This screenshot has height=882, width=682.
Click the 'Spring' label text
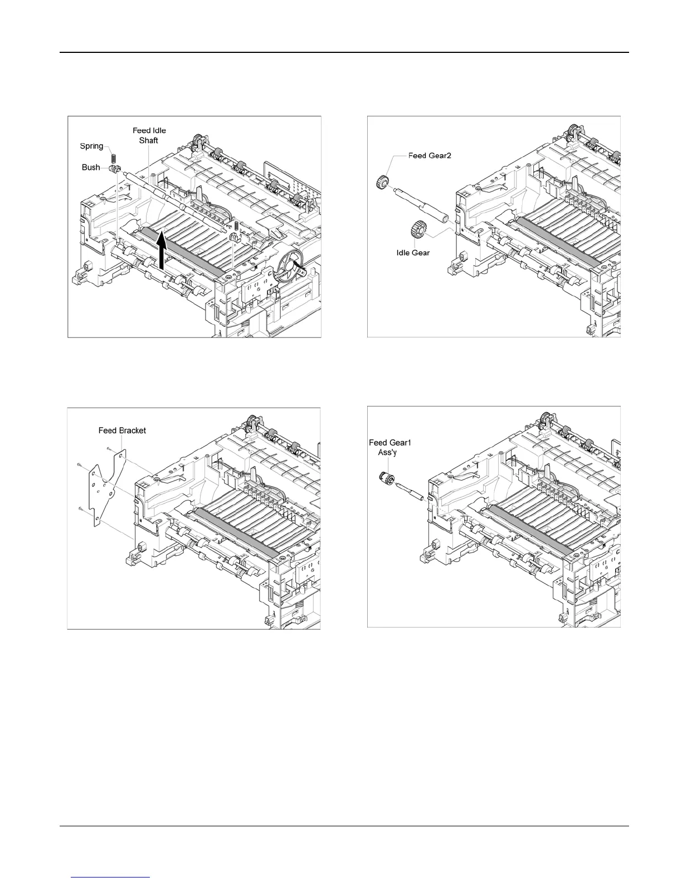91,146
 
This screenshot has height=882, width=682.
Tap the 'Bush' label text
91,167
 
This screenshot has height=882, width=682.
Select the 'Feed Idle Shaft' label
149,135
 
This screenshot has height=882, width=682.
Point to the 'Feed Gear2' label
415,155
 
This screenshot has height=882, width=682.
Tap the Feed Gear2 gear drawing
382,182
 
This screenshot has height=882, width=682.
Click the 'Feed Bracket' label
122,430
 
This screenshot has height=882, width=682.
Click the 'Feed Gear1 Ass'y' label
390,447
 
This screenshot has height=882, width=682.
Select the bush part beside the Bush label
116,168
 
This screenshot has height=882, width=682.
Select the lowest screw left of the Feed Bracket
82,508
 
